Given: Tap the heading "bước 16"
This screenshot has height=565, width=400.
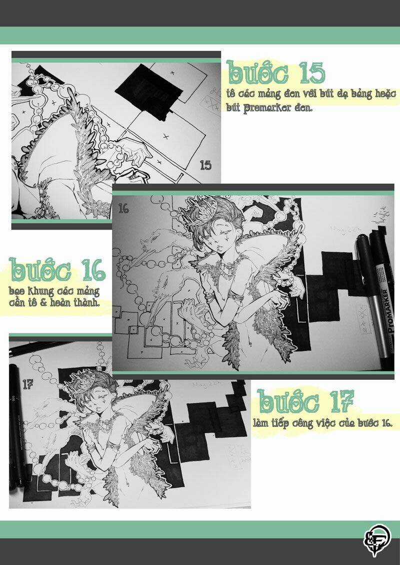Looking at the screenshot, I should (x=58, y=271).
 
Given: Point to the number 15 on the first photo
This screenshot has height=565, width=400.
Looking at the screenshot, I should (x=206, y=165).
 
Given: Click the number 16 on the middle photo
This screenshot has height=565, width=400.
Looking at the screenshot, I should (x=123, y=208).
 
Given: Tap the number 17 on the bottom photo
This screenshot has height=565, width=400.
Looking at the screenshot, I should (x=27, y=384).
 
